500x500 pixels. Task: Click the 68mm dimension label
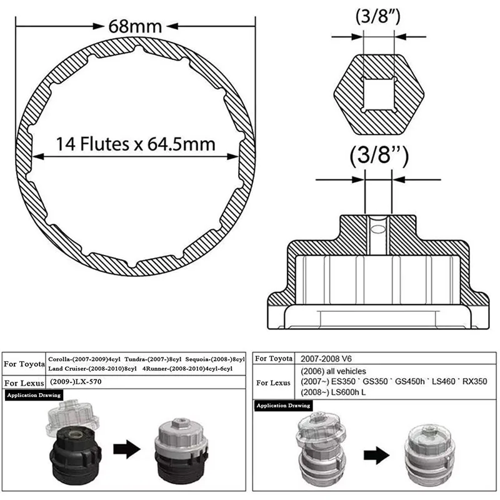135,26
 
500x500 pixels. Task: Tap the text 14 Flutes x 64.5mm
136,144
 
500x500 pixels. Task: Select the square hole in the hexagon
379,94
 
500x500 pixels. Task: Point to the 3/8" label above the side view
379,156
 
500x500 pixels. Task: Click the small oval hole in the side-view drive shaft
379,229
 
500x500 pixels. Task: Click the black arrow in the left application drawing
127,449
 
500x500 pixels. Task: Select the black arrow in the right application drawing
376,455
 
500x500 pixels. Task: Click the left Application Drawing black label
34,395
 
